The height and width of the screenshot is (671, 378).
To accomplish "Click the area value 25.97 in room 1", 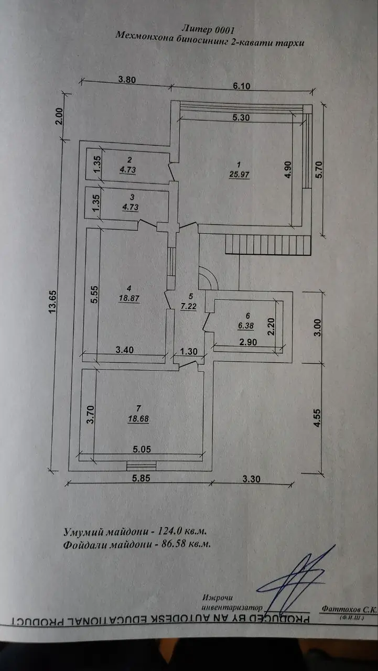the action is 239,175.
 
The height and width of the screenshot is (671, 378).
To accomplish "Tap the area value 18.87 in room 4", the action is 129,298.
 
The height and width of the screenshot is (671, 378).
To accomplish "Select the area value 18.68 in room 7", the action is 138,419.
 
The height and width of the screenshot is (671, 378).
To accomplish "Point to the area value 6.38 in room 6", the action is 246,326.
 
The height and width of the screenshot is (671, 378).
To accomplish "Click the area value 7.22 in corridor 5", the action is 189,306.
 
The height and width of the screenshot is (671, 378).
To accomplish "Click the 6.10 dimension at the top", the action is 241,86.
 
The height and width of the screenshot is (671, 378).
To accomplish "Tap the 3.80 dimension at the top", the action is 127,80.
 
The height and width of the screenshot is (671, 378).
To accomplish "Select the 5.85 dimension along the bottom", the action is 141,478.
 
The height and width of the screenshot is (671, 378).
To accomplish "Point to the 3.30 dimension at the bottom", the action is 251,479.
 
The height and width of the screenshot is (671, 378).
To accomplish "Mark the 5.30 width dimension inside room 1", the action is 241,117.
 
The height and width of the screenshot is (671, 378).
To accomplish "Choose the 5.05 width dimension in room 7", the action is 142,449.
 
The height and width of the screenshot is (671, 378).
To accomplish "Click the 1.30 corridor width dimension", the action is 189,351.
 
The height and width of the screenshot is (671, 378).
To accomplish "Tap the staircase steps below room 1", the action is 268,244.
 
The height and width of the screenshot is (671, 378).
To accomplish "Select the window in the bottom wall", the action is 142,466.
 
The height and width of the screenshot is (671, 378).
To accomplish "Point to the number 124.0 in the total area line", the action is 169,531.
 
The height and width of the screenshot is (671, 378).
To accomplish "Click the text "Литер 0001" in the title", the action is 208,29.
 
